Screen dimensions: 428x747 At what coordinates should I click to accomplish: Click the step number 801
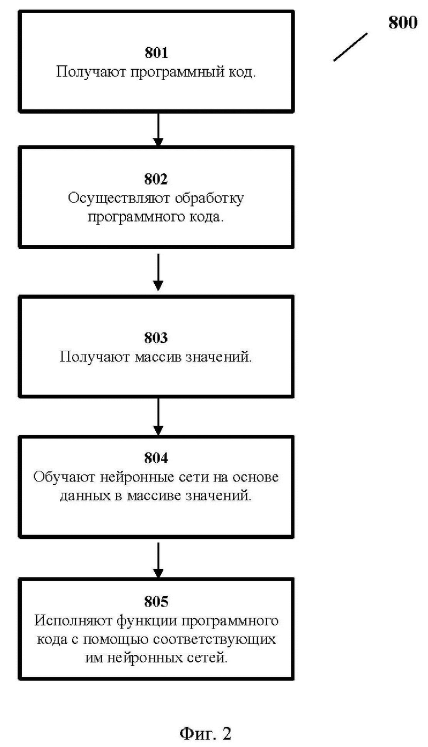pyautogui.click(x=156, y=53)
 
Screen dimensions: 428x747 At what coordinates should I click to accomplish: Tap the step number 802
pyautogui.click(x=156, y=179)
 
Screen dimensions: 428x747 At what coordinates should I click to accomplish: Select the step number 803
pyautogui.click(x=156, y=338)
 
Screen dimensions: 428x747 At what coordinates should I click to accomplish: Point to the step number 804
pyautogui.click(x=156, y=458)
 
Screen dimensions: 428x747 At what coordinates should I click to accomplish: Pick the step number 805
pyautogui.click(x=156, y=602)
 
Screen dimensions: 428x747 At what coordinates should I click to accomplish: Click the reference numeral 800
pyautogui.click(x=403, y=23)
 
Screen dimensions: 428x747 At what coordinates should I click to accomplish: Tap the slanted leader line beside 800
pyautogui.click(x=350, y=47)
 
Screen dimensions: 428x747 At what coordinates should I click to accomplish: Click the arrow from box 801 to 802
pyautogui.click(x=158, y=130)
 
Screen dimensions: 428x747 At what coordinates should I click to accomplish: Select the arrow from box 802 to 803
pyautogui.click(x=158, y=272)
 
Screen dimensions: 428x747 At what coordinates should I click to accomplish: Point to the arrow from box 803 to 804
pyautogui.click(x=158, y=417)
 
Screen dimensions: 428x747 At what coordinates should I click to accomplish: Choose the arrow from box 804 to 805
pyautogui.click(x=158, y=560)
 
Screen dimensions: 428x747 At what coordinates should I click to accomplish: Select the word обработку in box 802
pyautogui.click(x=209, y=199)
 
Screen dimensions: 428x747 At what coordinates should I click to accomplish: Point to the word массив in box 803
pyautogui.click(x=158, y=357)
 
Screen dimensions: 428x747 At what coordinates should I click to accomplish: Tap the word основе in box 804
pyautogui.click(x=256, y=477)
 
